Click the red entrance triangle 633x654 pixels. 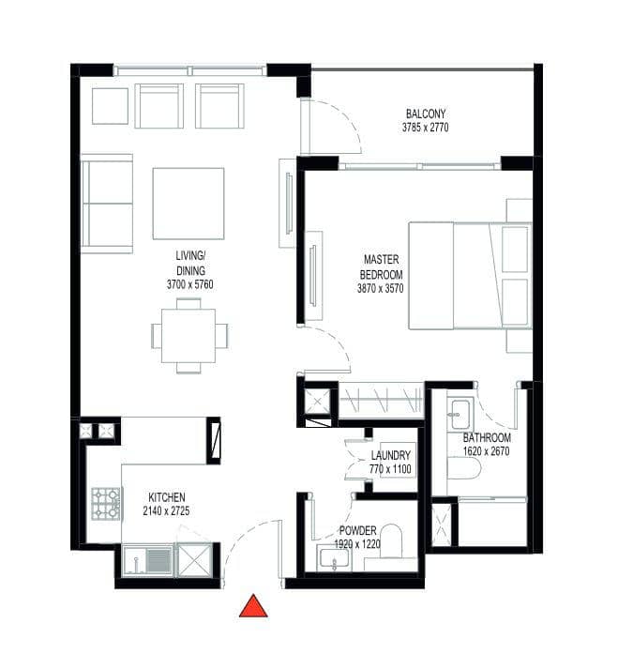click(253, 607)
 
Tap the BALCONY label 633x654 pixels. click(426, 114)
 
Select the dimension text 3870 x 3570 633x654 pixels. click(380, 288)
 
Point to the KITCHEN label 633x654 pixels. click(167, 497)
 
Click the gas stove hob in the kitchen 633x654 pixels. click(106, 504)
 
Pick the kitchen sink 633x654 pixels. click(147, 560)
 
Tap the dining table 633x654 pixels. click(188, 336)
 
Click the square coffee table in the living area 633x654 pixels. click(188, 204)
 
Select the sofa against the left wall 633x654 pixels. click(107, 204)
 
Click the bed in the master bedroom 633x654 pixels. click(470, 276)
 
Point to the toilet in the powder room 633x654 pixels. click(391, 541)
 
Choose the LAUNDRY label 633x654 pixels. click(390, 455)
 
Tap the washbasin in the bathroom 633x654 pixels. click(460, 415)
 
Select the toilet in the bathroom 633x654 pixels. click(464, 468)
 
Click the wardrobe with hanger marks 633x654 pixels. click(381, 401)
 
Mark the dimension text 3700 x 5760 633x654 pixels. click(190, 284)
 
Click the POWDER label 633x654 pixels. click(357, 530)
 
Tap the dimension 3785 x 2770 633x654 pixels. click(426, 128)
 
